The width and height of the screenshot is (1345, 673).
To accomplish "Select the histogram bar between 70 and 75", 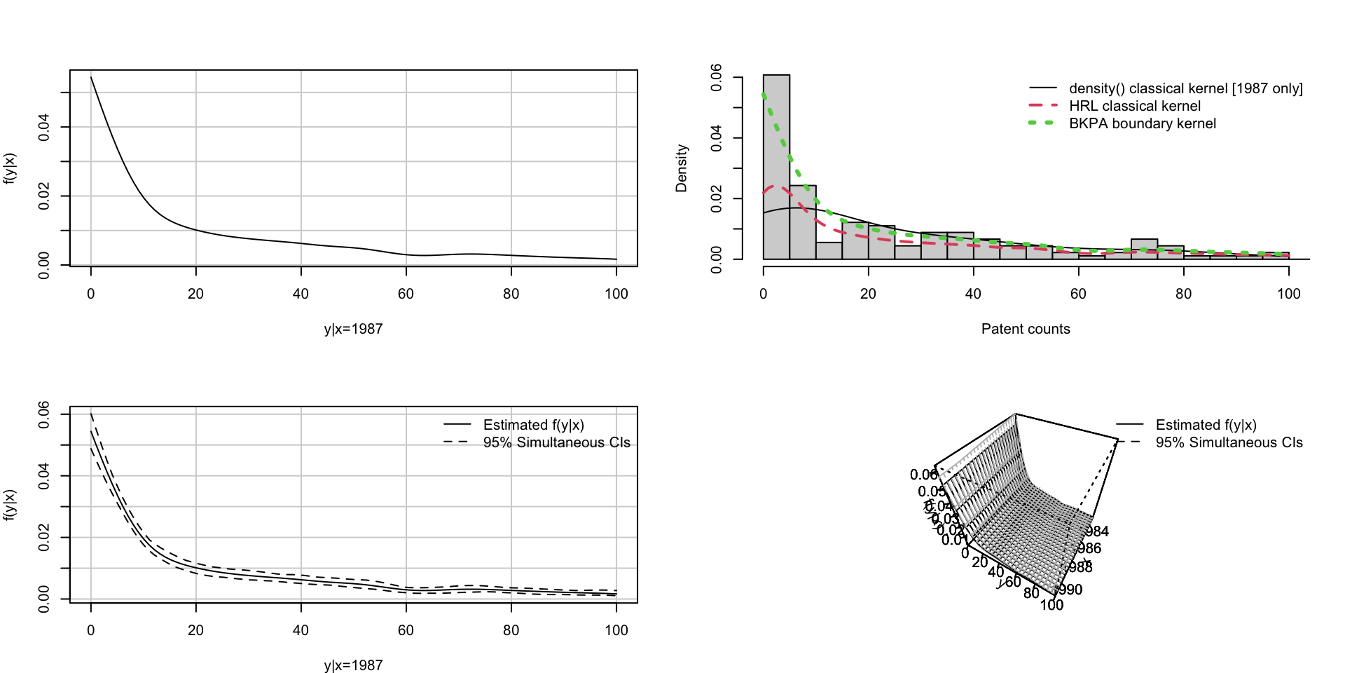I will click(1144, 250).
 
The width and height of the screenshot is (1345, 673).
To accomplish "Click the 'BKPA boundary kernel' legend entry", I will click(1142, 123).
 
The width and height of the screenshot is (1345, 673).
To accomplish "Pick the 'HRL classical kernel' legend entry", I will click(1134, 106).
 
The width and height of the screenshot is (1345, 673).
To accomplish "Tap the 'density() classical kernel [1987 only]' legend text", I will click(1185, 88).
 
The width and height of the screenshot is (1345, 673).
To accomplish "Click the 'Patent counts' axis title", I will click(1026, 329).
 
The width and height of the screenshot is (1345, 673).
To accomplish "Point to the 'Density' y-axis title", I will click(682, 168).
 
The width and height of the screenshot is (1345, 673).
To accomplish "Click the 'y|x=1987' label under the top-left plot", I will click(353, 329).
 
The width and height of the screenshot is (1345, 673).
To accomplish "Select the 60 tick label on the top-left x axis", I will click(406, 294).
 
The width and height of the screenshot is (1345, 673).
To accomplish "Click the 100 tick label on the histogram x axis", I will click(1288, 294).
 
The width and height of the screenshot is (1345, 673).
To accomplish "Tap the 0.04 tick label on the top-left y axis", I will click(44, 127).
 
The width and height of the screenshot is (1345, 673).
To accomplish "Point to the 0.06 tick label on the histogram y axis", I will click(716, 77).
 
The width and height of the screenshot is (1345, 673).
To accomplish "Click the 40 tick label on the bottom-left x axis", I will click(301, 630).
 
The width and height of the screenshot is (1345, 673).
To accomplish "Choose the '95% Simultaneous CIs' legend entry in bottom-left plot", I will click(556, 442).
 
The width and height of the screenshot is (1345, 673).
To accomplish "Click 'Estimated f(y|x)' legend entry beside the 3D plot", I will click(1206, 425).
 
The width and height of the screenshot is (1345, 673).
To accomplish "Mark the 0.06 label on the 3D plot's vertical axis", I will click(923, 475).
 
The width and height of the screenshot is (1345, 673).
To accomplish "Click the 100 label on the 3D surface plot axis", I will click(1051, 604).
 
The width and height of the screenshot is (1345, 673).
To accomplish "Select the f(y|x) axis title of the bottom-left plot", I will click(10, 505).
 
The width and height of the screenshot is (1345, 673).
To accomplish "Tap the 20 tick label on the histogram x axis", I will click(868, 294).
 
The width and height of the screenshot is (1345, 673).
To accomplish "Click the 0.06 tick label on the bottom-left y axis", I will click(44, 414).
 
